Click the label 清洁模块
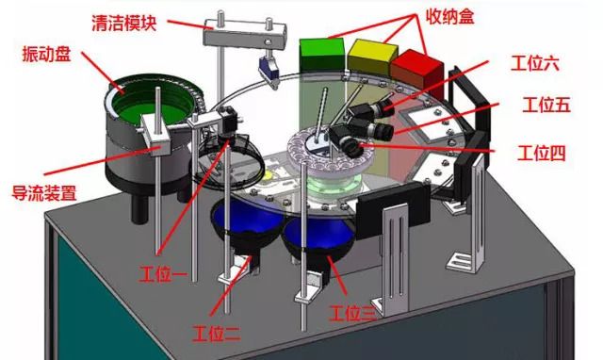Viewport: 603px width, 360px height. click(x=124, y=23)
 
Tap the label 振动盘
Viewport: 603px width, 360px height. click(x=46, y=54)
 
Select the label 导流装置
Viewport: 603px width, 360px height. click(x=44, y=192)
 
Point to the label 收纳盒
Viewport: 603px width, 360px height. click(x=449, y=17)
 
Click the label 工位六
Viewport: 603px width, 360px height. click(x=534, y=63)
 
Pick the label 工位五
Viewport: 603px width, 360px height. click(x=546, y=105)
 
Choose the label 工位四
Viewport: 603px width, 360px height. click(x=542, y=153)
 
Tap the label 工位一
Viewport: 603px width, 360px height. click(x=163, y=274)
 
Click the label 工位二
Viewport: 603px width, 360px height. click(x=217, y=333)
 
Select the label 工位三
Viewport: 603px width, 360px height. click(x=353, y=313)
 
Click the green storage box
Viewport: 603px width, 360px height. click(x=322, y=55)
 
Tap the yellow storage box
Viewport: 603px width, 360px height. click(x=372, y=57)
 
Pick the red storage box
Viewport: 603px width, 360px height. click(x=417, y=73)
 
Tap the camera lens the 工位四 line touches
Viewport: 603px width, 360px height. click(x=352, y=148)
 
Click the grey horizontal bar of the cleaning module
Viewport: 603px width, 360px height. click(x=245, y=37)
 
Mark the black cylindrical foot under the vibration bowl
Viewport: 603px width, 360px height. click(x=139, y=206)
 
